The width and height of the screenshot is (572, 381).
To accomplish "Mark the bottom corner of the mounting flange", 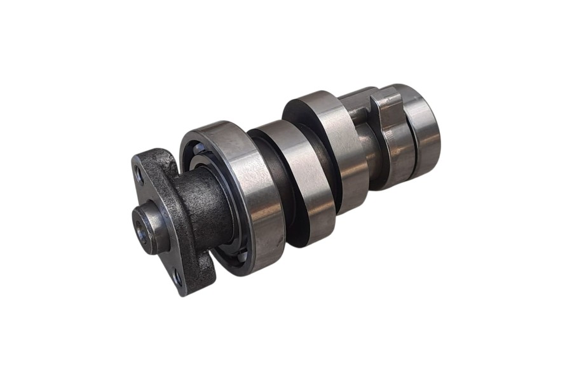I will (x=184, y=292).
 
